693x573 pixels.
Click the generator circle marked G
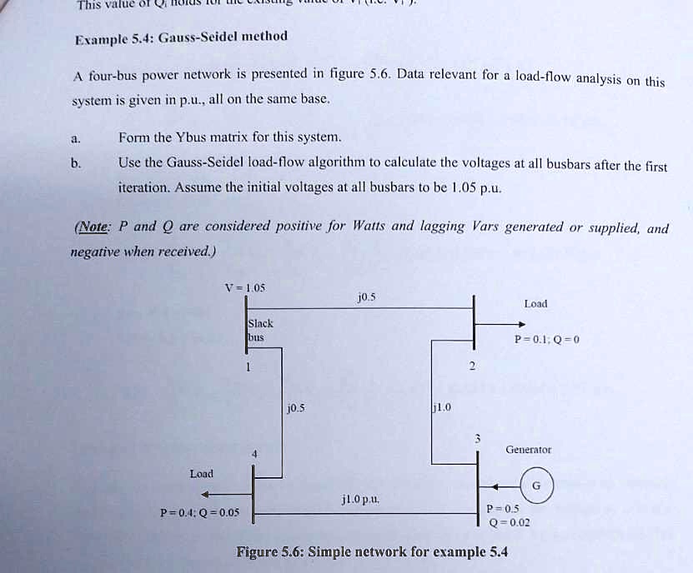[536, 485]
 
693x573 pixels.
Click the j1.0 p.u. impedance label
[360, 499]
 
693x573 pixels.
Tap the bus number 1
[248, 366]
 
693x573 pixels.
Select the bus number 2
[472, 366]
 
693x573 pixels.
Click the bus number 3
[477, 437]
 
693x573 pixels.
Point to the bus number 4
[256, 453]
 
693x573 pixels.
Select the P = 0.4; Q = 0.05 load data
[199, 512]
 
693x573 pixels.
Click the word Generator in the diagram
[528, 449]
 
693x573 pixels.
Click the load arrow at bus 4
[217, 493]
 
